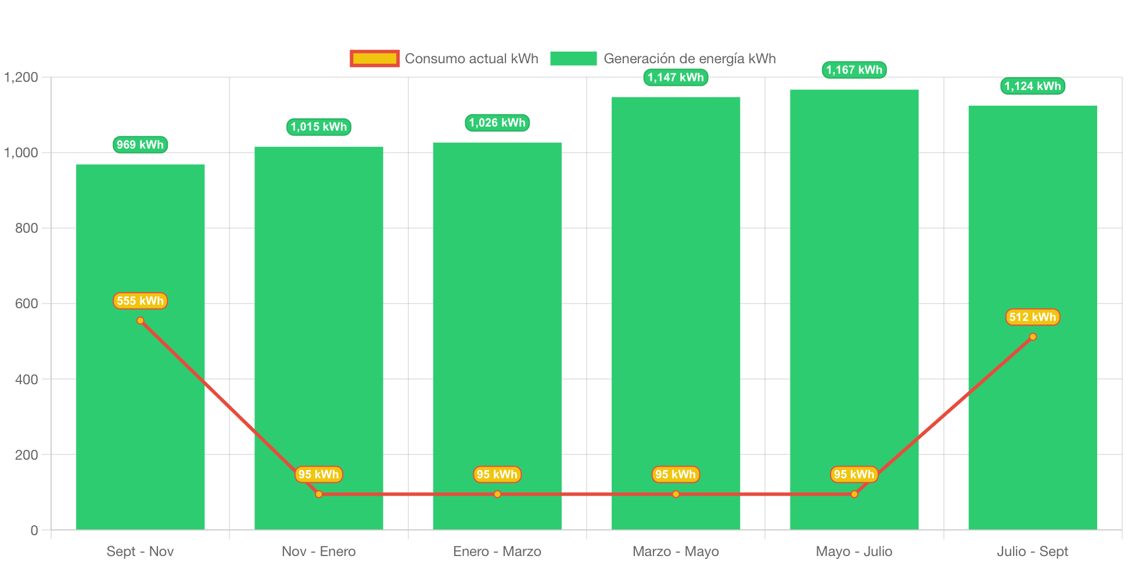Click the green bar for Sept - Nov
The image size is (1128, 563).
[x=140, y=406]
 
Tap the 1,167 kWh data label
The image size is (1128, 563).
[x=854, y=70]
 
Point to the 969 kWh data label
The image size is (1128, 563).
[x=140, y=145]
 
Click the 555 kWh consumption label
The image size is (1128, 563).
[x=140, y=301]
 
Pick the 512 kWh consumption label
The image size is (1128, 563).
[x=1032, y=317]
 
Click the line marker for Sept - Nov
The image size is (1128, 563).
[x=140, y=320]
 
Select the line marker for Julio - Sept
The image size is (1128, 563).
[x=1032, y=337]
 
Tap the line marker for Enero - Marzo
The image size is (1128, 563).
[x=497, y=494]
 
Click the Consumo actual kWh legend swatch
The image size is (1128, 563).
[x=375, y=58]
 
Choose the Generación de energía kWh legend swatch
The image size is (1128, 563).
[x=573, y=58]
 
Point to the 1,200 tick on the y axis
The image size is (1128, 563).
[x=21, y=77]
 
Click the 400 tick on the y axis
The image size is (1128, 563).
[x=27, y=380]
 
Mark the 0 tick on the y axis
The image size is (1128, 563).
[x=34, y=530]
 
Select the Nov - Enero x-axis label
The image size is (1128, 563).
[x=318, y=551]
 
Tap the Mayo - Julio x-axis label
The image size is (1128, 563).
[x=854, y=551]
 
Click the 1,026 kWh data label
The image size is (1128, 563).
[x=497, y=122]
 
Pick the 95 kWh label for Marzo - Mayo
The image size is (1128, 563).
[x=676, y=474]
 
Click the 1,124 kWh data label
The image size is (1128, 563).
[x=1032, y=86]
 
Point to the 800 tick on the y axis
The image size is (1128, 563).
[x=27, y=228]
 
